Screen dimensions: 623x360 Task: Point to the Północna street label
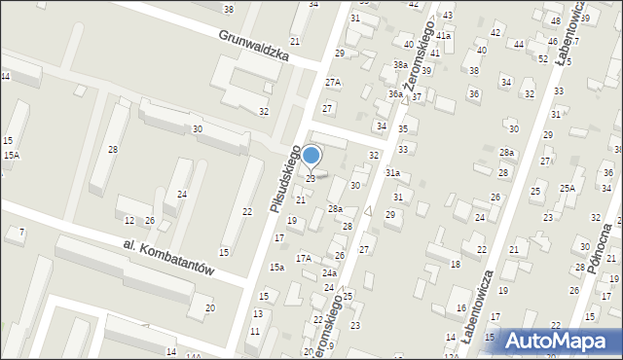click(601, 248)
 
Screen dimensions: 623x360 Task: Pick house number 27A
click(333, 83)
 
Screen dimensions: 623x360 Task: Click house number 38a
click(400, 65)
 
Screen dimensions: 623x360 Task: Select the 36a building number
click(394, 94)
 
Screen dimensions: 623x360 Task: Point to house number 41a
click(443, 36)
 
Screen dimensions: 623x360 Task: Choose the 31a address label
click(392, 172)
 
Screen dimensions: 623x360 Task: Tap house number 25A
click(568, 188)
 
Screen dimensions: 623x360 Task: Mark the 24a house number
click(329, 273)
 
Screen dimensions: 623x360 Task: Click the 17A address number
click(304, 258)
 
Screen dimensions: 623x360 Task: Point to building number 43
click(447, 16)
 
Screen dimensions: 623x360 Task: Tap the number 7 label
click(21, 232)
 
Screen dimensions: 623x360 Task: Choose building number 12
click(128, 221)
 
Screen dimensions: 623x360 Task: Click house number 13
click(258, 313)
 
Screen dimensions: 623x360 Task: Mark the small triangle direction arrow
click(368, 211)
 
